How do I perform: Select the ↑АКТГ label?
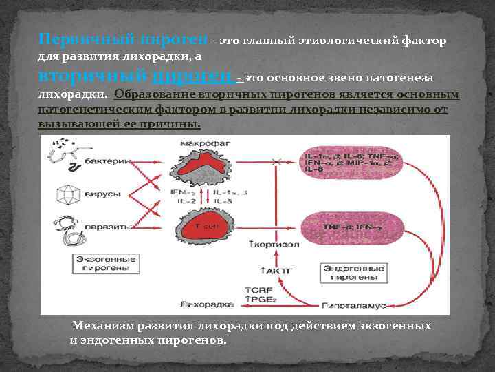(272, 271)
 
